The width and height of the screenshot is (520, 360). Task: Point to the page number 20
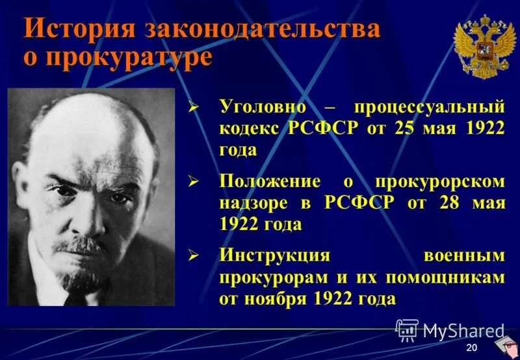click(472, 348)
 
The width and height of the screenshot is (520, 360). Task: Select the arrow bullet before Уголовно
click(192, 107)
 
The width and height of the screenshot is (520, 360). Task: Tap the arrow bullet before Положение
click(192, 182)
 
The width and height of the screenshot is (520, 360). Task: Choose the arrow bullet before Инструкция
click(192, 256)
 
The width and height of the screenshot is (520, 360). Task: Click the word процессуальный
click(428, 106)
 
